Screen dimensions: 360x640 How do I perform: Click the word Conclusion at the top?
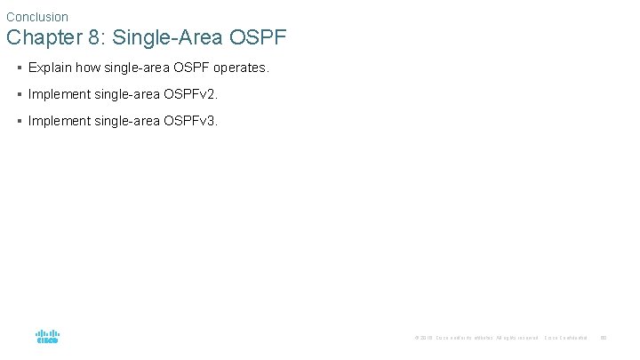37,17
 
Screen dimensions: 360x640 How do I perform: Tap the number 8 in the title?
92,39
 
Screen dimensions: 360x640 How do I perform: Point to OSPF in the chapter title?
257,39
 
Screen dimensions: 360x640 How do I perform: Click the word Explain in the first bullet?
50,68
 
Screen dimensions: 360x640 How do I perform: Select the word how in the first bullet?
88,68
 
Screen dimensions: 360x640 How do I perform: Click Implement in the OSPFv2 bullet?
59,94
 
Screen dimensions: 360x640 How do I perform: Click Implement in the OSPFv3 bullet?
59,121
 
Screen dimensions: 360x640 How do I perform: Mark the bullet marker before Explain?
20,68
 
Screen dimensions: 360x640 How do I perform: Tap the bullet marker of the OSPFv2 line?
20,94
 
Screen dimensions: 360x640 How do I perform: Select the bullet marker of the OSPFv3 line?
20,121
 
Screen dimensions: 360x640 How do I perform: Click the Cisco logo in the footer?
47,337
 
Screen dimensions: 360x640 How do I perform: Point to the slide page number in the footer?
604,338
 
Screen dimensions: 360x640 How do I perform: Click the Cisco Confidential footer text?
565,338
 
